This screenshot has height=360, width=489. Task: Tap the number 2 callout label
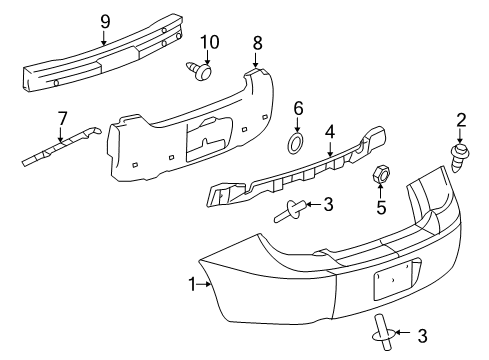461,120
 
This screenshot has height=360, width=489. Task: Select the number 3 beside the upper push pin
327,205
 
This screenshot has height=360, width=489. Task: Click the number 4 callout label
330,130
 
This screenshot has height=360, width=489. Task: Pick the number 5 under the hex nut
379,209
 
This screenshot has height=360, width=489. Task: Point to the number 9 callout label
105,19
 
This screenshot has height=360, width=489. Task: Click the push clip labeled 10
204,73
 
